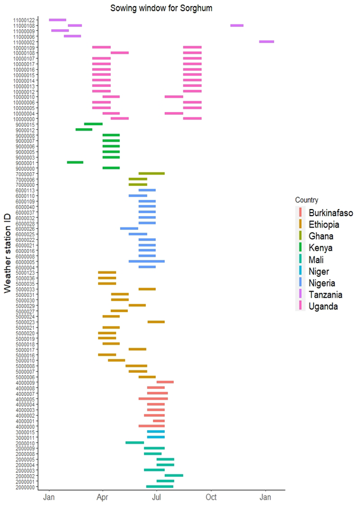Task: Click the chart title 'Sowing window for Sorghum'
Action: [161, 8]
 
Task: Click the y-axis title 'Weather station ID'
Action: [8, 253]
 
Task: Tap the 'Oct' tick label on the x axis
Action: [211, 495]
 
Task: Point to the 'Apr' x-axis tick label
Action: [102, 495]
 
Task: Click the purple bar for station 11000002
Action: [267, 42]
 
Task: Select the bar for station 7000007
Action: [151, 174]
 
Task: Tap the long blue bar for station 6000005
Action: [146, 261]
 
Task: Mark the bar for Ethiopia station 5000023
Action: [156, 322]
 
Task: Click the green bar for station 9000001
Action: [75, 163]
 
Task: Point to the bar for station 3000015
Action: [156, 432]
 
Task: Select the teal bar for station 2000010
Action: [134, 442]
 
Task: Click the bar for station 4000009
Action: [165, 382]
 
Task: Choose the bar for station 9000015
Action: [93, 124]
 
